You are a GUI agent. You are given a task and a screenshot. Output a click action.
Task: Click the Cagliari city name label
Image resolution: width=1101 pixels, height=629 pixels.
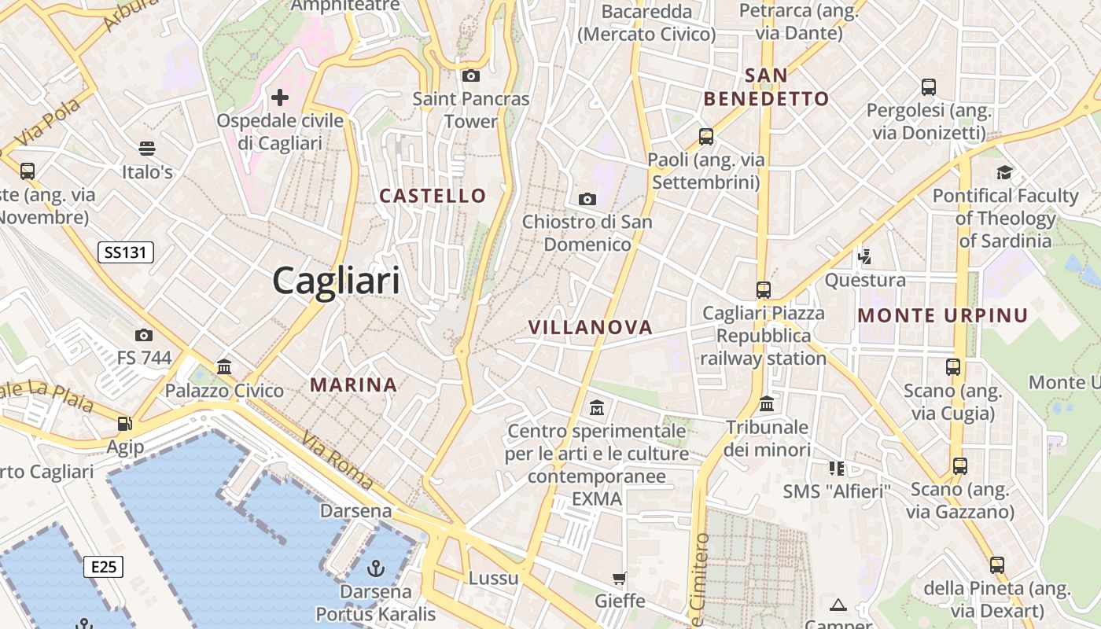[x=336, y=281]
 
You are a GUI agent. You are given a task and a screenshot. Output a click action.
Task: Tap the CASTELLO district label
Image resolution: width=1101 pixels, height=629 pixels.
[x=433, y=196]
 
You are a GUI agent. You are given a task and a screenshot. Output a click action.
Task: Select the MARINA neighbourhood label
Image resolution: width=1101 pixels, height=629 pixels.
[x=353, y=385]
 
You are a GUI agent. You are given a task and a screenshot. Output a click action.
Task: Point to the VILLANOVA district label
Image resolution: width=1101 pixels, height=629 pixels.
[x=591, y=328]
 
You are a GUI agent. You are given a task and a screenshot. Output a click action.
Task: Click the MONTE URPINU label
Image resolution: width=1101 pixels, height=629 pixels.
[x=943, y=316]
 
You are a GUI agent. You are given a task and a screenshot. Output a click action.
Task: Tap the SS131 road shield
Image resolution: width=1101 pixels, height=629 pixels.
[x=126, y=252]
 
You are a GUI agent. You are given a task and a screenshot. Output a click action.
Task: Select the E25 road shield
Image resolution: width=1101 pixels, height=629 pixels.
[x=104, y=566]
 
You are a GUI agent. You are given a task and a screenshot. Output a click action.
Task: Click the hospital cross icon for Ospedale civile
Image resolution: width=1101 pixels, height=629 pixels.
[x=280, y=97]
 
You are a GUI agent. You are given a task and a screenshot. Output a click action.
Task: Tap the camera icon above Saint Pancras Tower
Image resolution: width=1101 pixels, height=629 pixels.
[x=471, y=75]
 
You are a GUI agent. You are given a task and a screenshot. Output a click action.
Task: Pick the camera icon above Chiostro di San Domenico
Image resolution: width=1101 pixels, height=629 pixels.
[x=587, y=199]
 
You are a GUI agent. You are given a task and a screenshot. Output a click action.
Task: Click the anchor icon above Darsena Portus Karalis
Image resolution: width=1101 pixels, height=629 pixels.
[x=376, y=568]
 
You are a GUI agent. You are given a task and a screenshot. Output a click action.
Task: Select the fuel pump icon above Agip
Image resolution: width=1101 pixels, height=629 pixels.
[x=124, y=424]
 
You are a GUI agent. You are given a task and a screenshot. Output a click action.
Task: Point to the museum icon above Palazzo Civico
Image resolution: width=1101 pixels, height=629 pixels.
[x=224, y=366]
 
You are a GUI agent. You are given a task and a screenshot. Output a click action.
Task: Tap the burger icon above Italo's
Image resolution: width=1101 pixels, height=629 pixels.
[x=146, y=149]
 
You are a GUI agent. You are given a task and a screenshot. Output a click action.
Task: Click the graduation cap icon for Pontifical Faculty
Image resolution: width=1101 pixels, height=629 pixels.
[x=1004, y=172]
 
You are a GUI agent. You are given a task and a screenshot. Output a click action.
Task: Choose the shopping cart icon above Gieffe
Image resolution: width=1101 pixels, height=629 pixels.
[x=620, y=579]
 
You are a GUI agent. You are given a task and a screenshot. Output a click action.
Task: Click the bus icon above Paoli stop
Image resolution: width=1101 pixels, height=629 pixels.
[x=705, y=136]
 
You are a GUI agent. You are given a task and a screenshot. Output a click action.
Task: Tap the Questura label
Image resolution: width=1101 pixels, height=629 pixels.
[x=865, y=281]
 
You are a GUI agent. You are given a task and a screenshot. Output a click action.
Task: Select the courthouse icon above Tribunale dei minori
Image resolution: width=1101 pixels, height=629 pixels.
[x=767, y=404]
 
